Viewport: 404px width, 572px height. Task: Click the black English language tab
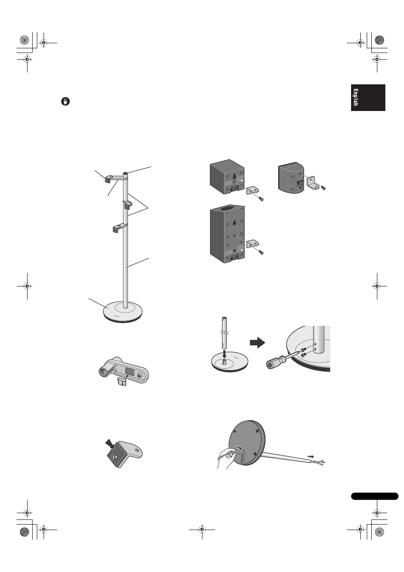tap(368, 97)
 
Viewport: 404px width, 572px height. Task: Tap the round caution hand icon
tap(66, 101)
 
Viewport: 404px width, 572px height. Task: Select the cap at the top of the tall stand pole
tap(125, 174)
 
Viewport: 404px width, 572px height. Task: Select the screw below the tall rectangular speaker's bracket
tap(260, 252)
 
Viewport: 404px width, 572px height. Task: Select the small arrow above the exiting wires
tap(310, 456)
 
